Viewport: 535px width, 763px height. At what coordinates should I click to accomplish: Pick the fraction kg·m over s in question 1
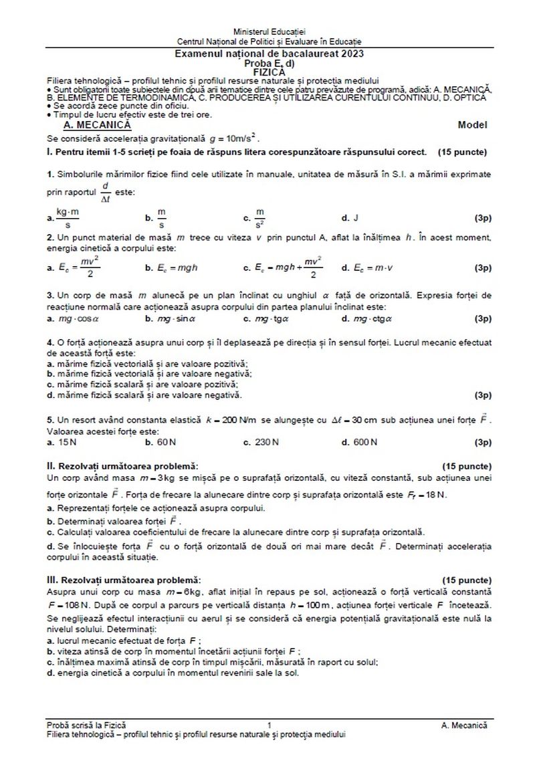pos(68,217)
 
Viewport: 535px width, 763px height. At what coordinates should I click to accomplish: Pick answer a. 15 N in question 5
pos(64,442)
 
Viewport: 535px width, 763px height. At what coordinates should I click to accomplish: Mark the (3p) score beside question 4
pos(482,395)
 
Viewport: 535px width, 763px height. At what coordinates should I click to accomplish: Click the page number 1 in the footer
pos(268,725)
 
